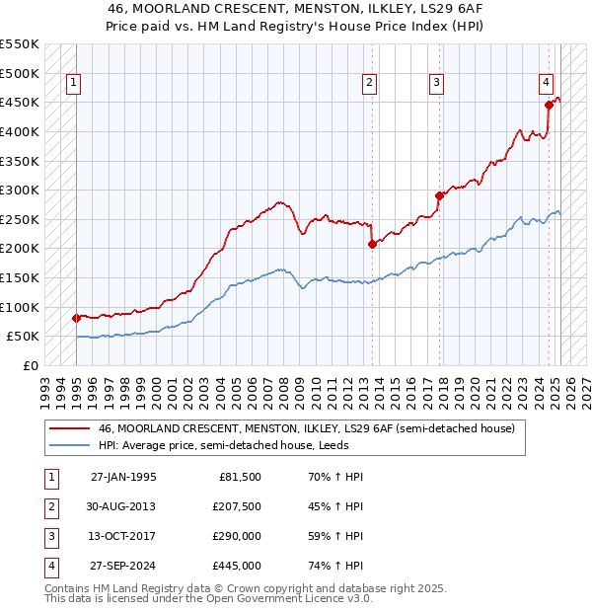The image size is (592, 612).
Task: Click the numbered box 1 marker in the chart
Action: pos(75,84)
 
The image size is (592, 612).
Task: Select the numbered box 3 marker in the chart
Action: pos(435,84)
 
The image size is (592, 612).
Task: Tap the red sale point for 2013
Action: pos(372,244)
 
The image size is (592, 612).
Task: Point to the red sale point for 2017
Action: pos(440,195)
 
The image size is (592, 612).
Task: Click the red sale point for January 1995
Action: pos(76,318)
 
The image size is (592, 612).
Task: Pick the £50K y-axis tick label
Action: pos(24,337)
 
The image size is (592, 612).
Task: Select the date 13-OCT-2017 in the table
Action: pos(123,536)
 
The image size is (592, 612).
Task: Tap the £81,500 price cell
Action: pos(239,477)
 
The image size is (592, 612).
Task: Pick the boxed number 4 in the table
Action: pos(49,566)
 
